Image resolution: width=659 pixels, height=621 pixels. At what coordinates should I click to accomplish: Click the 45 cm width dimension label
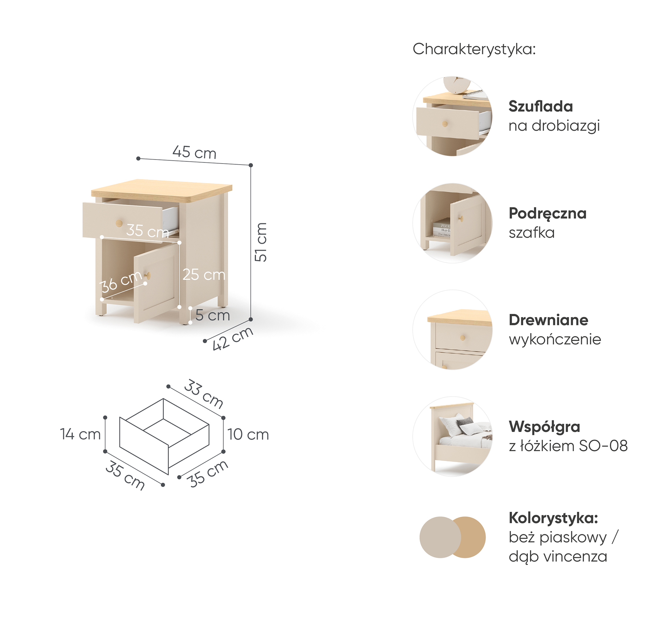(194, 152)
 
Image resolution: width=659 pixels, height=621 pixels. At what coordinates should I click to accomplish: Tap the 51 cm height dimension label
(261, 242)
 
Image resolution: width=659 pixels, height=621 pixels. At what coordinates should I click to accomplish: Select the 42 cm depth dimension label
(233, 338)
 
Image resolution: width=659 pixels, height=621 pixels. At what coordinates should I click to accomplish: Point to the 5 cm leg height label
(213, 315)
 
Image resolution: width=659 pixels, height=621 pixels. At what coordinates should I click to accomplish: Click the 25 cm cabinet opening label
(204, 274)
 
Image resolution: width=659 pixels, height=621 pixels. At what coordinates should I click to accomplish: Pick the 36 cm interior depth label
(121, 282)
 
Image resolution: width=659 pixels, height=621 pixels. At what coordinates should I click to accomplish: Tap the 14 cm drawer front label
(80, 434)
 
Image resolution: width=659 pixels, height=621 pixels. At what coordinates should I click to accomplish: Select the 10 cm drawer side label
(248, 434)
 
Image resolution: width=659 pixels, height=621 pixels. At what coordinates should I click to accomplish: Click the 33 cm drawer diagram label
(204, 394)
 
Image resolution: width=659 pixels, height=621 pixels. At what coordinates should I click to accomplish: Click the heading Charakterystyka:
(474, 49)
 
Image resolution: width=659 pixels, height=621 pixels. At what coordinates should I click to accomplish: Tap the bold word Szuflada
(541, 106)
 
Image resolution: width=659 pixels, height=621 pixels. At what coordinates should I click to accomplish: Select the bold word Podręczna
(548, 213)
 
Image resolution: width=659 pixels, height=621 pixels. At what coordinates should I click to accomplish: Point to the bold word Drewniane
(549, 320)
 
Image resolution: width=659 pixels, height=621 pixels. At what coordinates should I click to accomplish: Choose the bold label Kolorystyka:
(553, 518)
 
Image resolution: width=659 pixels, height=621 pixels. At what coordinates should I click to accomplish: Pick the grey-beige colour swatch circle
(440, 537)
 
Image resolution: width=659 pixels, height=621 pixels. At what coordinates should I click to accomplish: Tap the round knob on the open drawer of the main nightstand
(119, 223)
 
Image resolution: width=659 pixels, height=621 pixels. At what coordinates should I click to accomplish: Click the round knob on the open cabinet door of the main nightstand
(148, 275)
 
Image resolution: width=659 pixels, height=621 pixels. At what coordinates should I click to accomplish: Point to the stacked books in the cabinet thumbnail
(442, 228)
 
